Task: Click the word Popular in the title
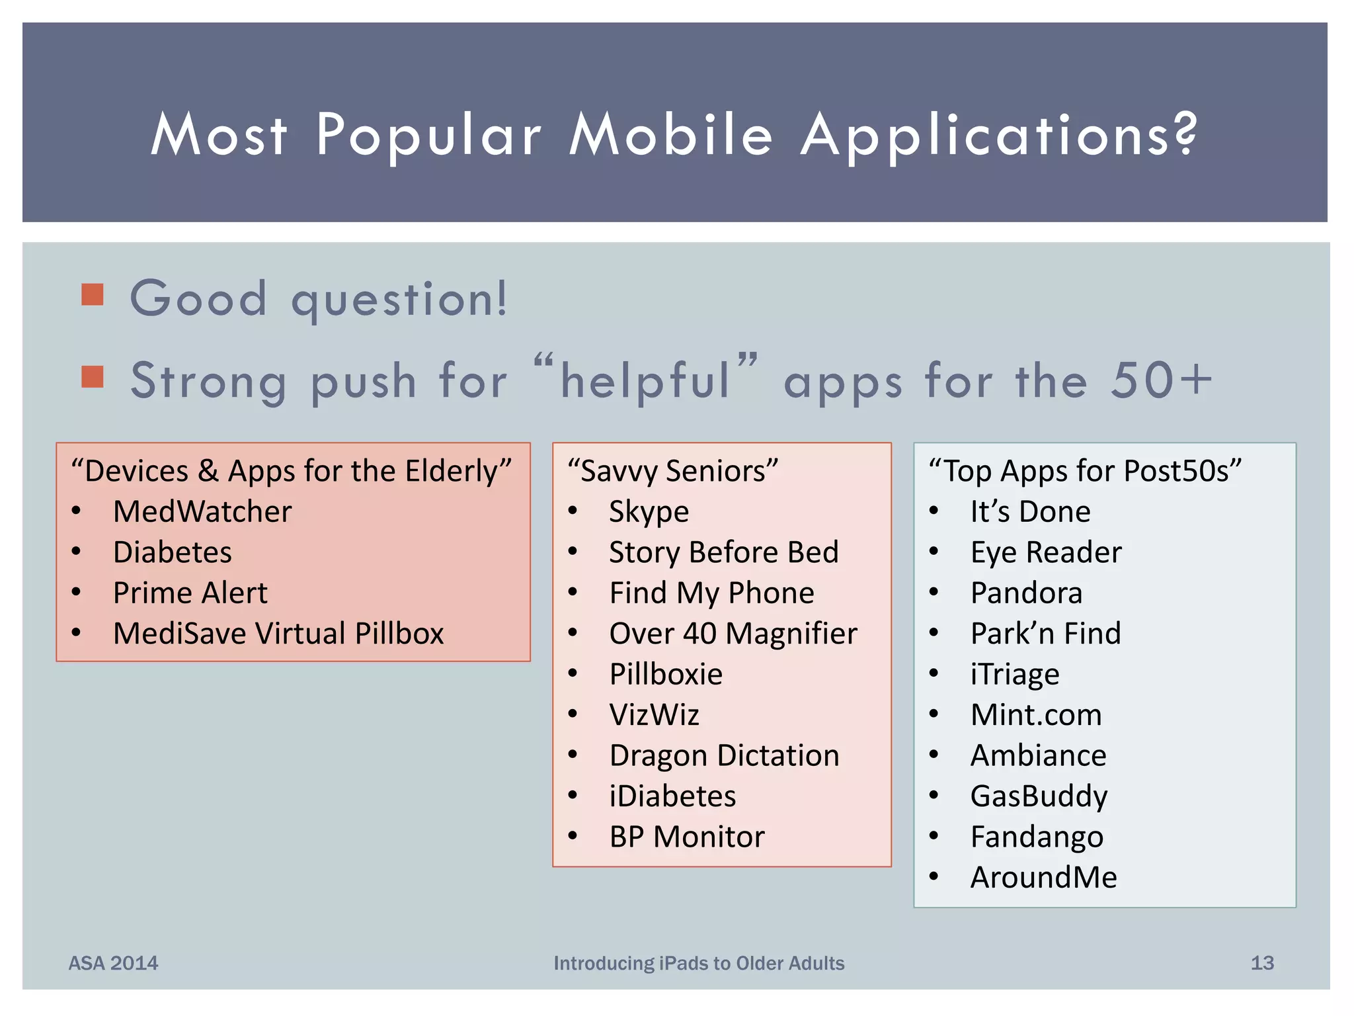428,136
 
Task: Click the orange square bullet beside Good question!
93,295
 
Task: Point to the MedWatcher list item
202,511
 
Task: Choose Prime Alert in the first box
190,593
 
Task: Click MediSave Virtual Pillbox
278,634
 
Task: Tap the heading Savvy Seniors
673,471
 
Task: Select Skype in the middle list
649,511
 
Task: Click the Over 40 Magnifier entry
733,634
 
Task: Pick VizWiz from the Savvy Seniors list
654,715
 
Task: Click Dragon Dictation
724,755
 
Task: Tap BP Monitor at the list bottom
686,837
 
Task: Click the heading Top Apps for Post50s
1085,471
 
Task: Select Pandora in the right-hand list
1026,593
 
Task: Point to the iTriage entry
1015,674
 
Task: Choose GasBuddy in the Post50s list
1039,796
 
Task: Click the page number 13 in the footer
1261,963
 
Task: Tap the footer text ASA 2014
113,963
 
